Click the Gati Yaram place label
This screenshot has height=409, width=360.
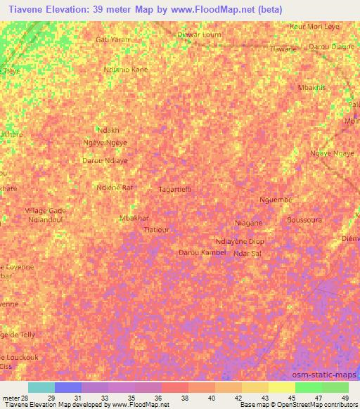coord(112,40)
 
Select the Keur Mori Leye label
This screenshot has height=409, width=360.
coord(314,26)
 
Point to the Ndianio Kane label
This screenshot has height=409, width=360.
coord(125,70)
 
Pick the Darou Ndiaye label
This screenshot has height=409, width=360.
coord(105,160)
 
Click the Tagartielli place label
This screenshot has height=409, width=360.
coord(174,190)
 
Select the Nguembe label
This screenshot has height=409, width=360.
coord(275,200)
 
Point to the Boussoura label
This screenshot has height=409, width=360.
coord(304,219)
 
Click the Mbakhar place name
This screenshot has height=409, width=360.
coord(134,218)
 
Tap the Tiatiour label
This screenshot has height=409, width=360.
coord(156,230)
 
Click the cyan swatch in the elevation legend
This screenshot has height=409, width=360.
coord(41,387)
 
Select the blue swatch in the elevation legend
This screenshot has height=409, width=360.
coord(68,387)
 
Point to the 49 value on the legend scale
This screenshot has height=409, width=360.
coord(345,398)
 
